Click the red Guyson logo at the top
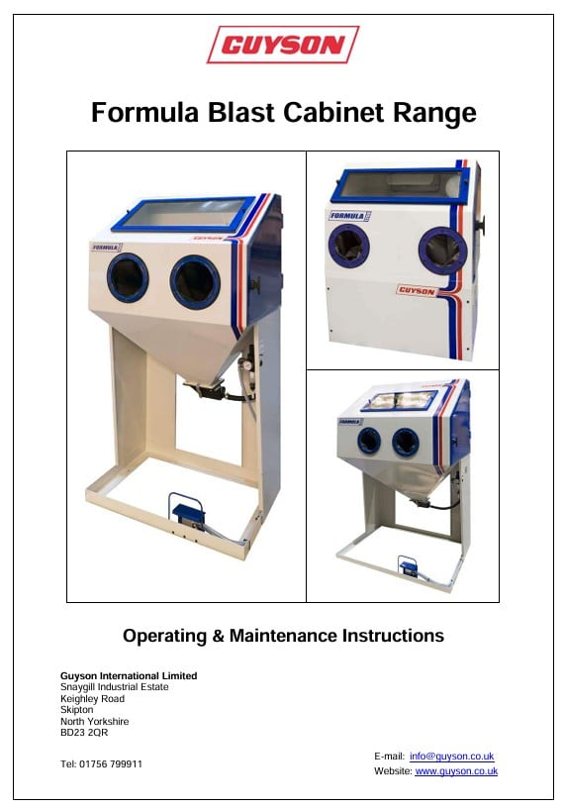coord(283,45)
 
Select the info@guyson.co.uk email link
coord(451,757)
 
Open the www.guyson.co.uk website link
coord(456,771)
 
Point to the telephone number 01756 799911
coord(111,764)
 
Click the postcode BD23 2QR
coord(84,733)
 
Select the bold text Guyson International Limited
coord(129,675)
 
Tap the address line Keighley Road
coord(92,698)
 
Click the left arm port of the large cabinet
coord(128,277)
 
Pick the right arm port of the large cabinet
coord(195,282)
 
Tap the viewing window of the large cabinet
coord(184,213)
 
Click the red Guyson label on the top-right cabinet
coord(417,291)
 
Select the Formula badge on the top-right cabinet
coord(350,216)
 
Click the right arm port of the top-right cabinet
coord(442,250)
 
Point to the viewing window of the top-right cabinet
coord(401,184)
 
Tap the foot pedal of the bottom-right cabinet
coord(409,566)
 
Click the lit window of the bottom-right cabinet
coord(400,400)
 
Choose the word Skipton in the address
coord(77,710)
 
